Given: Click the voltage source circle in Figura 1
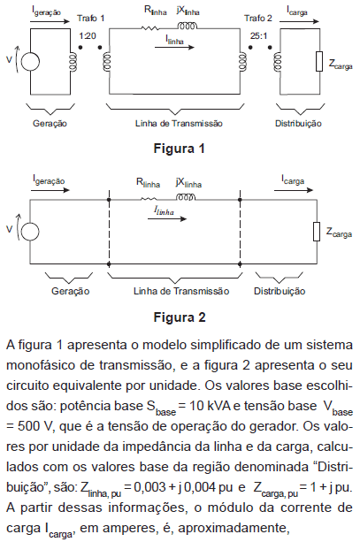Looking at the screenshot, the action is tap(30, 62).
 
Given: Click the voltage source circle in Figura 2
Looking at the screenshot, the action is tap(30, 232).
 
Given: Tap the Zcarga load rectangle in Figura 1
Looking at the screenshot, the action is tap(319, 62).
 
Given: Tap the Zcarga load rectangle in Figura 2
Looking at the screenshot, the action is tap(317, 232).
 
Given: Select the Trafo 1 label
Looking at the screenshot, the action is tap(90, 18).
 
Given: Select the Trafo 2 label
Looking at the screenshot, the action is tap(258, 18).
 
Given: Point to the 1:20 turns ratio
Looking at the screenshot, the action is tap(88, 35).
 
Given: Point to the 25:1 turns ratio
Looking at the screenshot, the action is tap(258, 35).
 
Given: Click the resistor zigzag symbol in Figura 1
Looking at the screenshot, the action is tap(150, 27).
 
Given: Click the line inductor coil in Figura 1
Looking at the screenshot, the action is tap(188, 26).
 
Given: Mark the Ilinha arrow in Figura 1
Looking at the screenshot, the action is tap(174, 47).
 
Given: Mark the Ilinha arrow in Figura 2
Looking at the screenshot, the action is tap(167, 218).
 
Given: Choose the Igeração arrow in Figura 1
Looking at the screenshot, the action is tap(50, 21).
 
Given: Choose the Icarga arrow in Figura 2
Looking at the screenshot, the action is tap(294, 190).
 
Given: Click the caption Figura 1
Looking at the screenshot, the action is tap(180, 149).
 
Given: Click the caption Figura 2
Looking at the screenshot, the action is tap(180, 317).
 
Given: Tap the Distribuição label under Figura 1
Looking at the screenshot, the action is tap(298, 124).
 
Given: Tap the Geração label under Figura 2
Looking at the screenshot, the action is tap(70, 291).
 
